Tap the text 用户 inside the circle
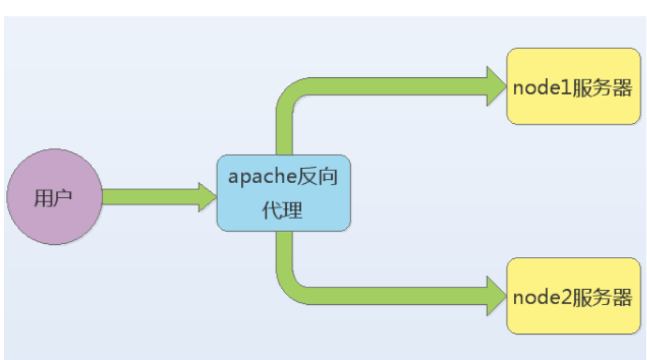coord(53,198)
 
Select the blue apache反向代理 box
coord(283,193)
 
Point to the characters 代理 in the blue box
coord(282,210)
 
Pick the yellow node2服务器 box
coord(573,296)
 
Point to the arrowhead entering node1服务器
coord(496,86)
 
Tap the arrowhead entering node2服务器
coord(496,296)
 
